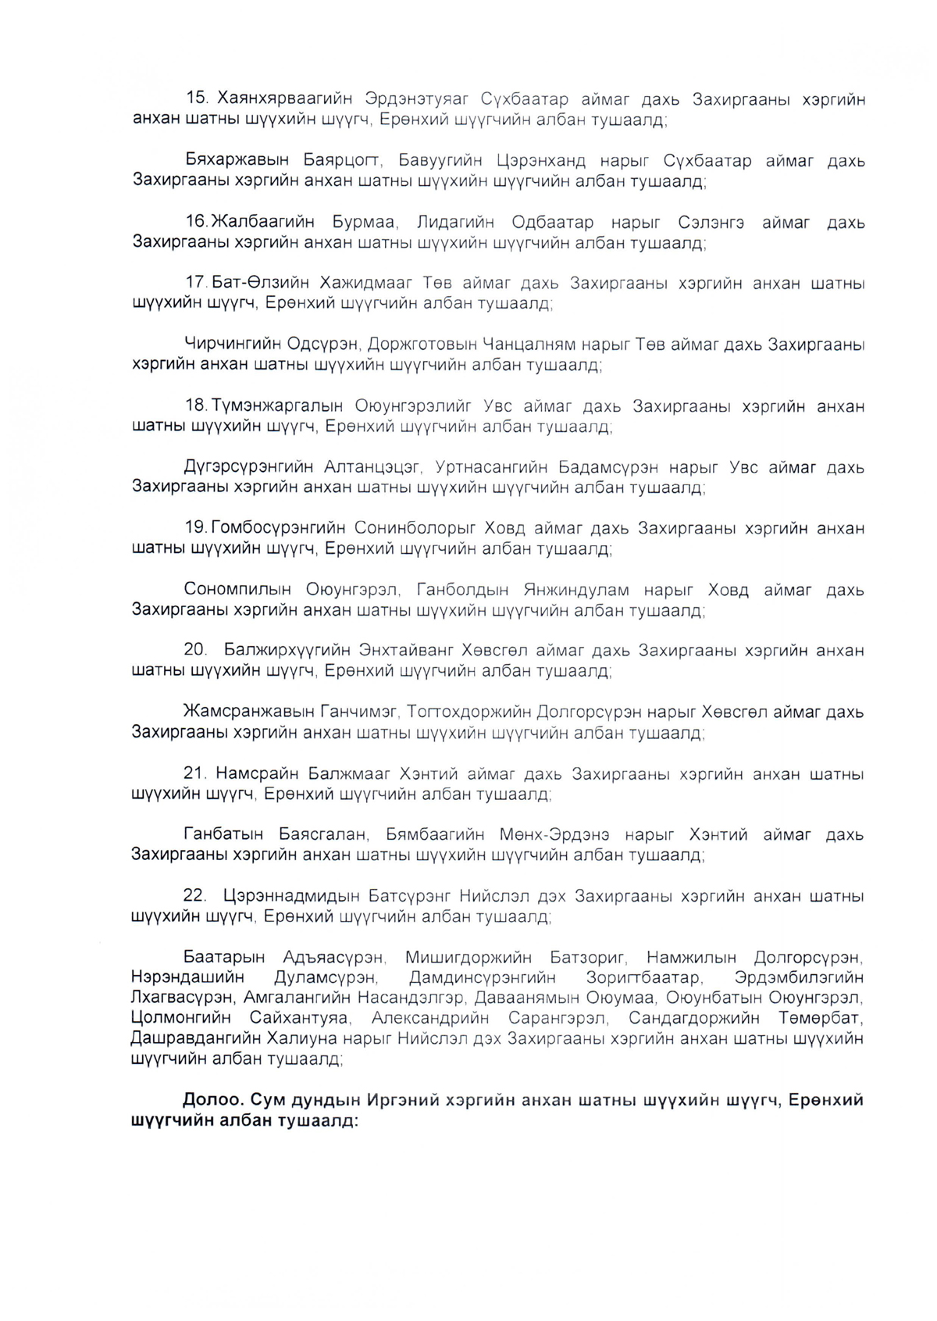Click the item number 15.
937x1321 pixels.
coord(197,98)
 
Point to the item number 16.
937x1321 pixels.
coord(197,222)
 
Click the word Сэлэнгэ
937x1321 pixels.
coord(711,222)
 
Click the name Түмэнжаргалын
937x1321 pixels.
coord(278,406)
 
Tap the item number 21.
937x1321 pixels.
coord(195,773)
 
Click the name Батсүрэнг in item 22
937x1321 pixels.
coord(409,895)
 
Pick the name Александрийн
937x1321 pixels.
coord(431,1018)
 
